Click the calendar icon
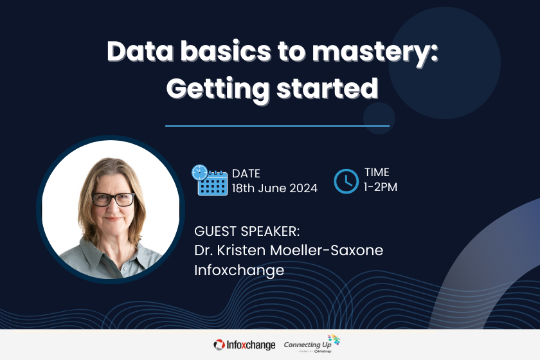[x=210, y=180]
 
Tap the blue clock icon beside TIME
[x=346, y=181]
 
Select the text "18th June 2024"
[x=274, y=188]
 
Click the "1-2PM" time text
[x=381, y=188]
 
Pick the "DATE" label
[x=246, y=173]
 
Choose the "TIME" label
[x=377, y=172]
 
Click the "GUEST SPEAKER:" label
[x=248, y=231]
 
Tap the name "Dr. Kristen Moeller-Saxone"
[x=289, y=250]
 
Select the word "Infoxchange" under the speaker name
[x=239, y=270]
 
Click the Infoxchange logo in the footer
[x=244, y=345]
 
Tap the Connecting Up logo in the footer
[x=311, y=344]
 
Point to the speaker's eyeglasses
[x=113, y=199]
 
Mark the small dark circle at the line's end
[x=379, y=118]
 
